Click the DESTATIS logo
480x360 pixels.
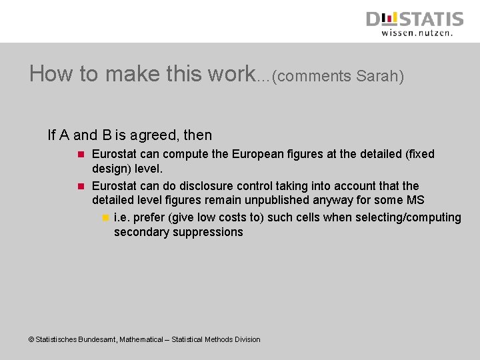point(414,18)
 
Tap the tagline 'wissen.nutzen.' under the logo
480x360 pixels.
point(417,32)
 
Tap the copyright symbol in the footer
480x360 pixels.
point(31,339)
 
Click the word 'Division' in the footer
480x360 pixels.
point(245,339)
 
